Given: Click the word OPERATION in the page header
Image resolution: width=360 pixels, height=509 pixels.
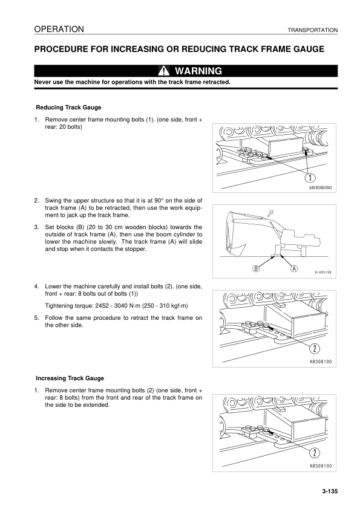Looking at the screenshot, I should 59,29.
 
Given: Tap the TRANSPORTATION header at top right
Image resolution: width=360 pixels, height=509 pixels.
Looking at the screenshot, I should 312,30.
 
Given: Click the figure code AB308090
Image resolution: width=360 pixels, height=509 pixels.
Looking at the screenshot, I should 321,188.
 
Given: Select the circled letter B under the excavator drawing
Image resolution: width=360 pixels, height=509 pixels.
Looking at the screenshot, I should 256,268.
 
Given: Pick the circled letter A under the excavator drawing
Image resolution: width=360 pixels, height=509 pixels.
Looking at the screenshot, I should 295,268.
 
